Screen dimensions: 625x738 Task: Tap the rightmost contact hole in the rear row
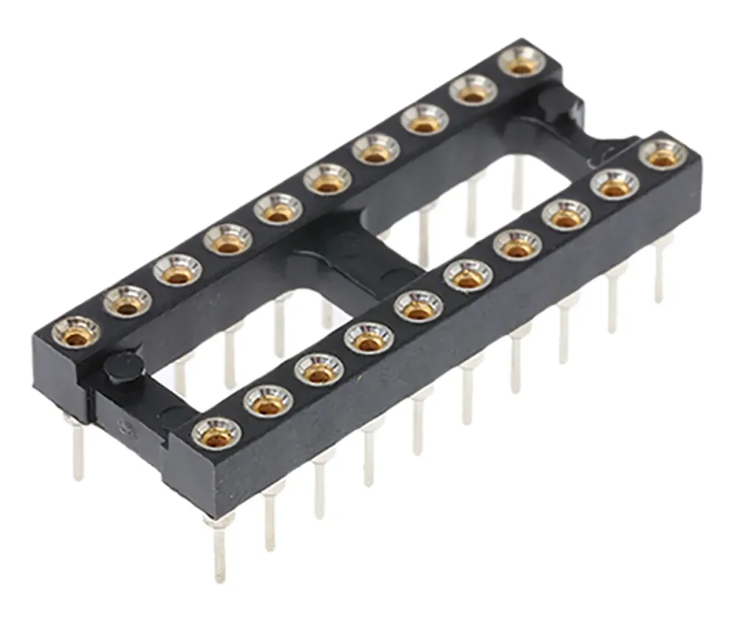tap(523, 61)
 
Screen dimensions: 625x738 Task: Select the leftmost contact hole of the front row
tap(216, 434)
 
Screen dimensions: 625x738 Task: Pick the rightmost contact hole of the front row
tap(662, 154)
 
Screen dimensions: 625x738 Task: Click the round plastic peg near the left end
tap(123, 367)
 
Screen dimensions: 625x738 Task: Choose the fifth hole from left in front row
tap(418, 306)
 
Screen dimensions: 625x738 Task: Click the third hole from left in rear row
tap(177, 270)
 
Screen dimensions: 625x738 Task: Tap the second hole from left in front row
tap(268, 401)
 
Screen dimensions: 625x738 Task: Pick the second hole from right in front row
tap(614, 184)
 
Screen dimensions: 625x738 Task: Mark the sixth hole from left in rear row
tap(327, 179)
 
